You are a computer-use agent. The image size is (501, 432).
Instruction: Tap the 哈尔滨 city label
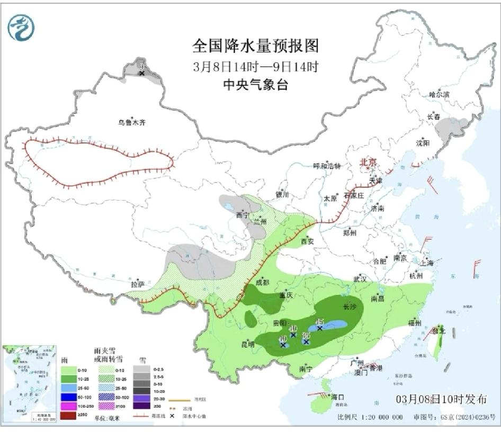439,94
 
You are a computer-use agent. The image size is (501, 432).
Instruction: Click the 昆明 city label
248,345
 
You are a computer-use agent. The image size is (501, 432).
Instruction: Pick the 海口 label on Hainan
337,397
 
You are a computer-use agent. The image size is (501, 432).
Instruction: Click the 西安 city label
308,241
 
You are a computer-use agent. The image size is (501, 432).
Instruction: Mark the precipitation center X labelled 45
319,328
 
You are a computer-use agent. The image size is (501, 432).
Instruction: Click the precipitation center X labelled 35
306,341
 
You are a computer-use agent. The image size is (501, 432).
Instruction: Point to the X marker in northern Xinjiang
141,73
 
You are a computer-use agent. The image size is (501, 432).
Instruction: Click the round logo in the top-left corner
21,27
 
